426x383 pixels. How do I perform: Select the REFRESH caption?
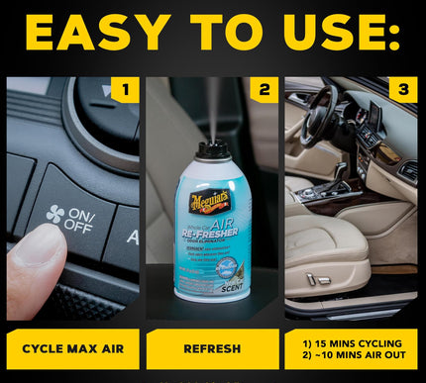[212, 348]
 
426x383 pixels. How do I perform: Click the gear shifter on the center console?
[341, 178]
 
